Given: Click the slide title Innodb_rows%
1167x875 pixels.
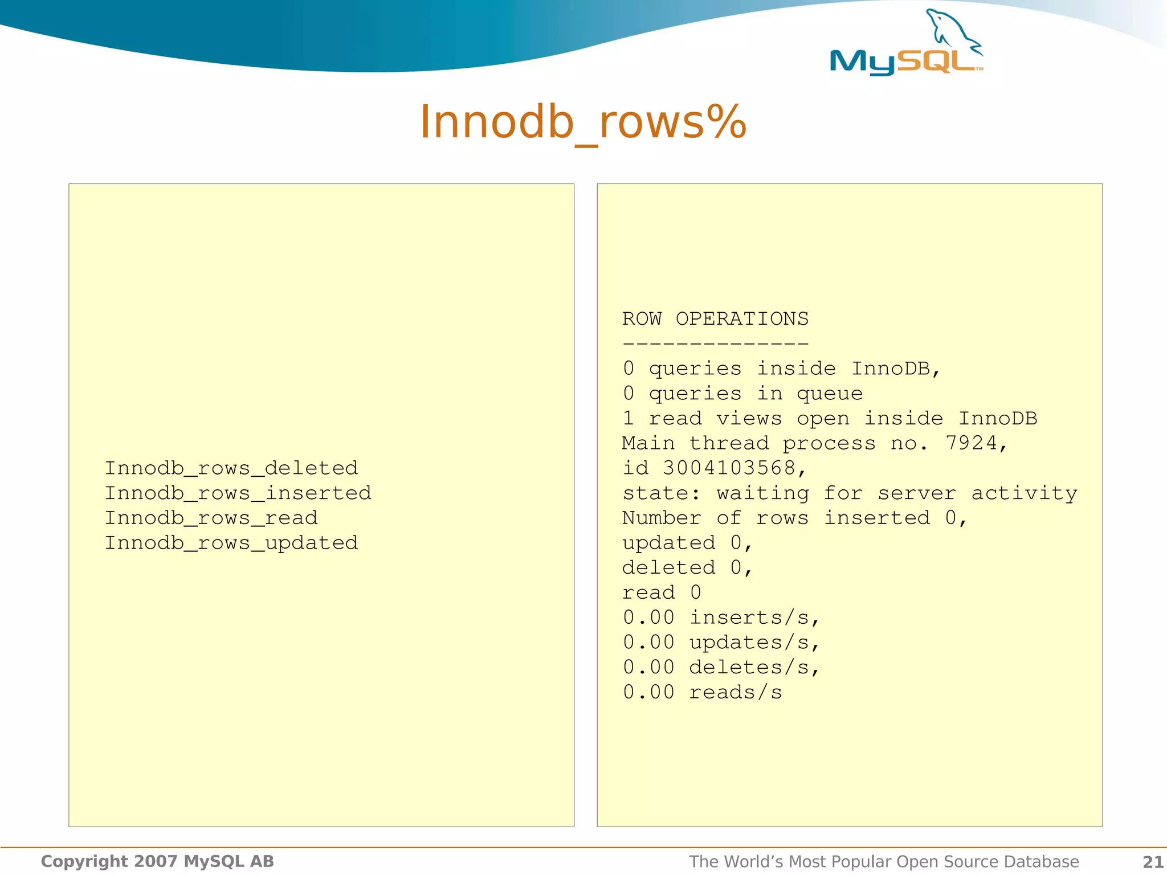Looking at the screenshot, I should coord(583,122).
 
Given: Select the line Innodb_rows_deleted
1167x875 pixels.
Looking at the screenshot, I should coord(231,468).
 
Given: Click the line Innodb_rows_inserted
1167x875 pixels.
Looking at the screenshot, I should coord(238,493).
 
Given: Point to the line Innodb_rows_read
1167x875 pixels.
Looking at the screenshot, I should coord(211,518).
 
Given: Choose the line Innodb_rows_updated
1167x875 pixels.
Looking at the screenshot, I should coord(231,543).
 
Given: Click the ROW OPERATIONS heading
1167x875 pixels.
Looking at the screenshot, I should coord(715,318).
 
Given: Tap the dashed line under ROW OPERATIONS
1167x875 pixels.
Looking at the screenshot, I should coord(715,344).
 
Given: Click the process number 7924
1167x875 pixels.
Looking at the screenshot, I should coord(971,443).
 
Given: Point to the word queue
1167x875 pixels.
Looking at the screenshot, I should coord(830,394).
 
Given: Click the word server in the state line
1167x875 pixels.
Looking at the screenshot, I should coord(917,493).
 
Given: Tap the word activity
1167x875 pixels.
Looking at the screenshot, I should coord(1024,493).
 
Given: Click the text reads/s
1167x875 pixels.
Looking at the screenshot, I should coord(736,692).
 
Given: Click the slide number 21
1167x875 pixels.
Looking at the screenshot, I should coord(1153,862).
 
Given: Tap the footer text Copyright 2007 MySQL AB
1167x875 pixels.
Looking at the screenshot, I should coord(157,861).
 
